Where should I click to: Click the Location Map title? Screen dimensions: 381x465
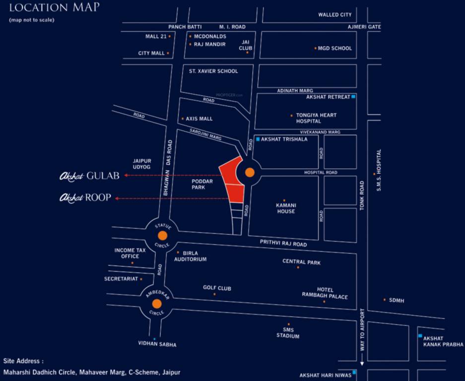click(x=54, y=7)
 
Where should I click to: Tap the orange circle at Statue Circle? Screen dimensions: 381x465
click(x=162, y=236)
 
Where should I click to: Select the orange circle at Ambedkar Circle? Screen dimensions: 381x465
click(x=157, y=304)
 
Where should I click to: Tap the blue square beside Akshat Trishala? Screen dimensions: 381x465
click(x=258, y=139)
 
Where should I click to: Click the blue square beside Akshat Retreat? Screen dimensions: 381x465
click(x=353, y=97)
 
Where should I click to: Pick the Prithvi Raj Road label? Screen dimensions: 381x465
click(x=283, y=244)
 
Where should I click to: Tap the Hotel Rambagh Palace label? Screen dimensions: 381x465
click(x=325, y=293)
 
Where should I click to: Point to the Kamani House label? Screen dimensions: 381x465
click(x=285, y=208)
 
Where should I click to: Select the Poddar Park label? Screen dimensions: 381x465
click(x=202, y=185)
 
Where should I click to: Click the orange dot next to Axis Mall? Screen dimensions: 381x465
click(x=183, y=119)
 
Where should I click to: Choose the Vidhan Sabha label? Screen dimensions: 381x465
click(x=157, y=344)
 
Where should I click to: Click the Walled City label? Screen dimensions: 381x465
click(x=335, y=15)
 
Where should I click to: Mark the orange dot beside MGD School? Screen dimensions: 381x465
click(x=315, y=48)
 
